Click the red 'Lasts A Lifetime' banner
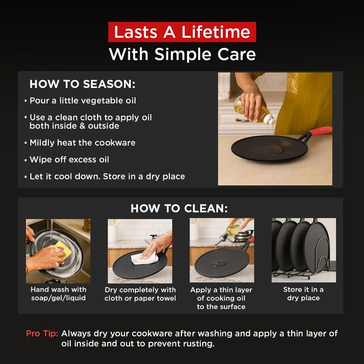click(182, 32)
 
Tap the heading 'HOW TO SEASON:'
click(82, 84)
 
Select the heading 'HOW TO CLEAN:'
click(179, 208)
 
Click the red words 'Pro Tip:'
click(42, 333)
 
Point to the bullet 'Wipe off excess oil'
click(69, 159)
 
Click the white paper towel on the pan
click(144, 259)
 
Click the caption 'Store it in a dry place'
click(303, 294)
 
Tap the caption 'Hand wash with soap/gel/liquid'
click(58, 294)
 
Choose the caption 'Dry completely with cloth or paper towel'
click(140, 294)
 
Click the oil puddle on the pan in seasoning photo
click(274, 150)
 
